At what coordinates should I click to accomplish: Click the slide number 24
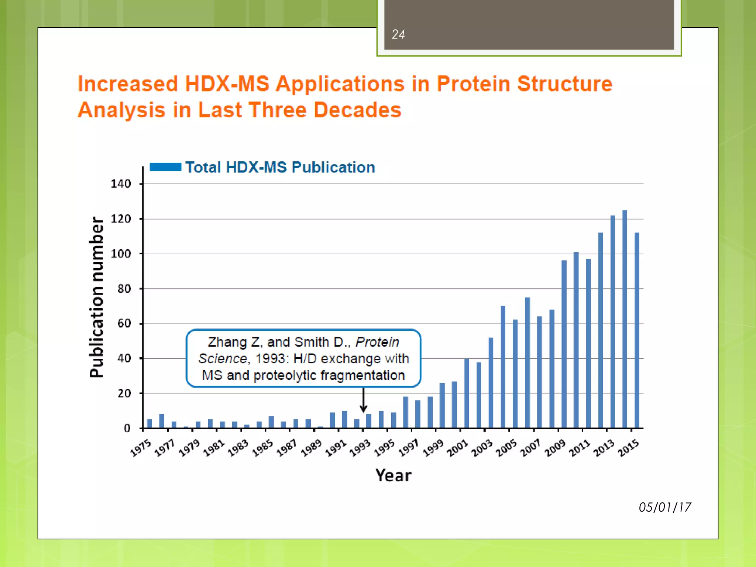pyautogui.click(x=398, y=34)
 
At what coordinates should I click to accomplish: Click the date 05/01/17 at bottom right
pyautogui.click(x=665, y=507)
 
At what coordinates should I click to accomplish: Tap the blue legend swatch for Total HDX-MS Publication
pyautogui.click(x=165, y=167)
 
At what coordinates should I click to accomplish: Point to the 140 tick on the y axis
pyautogui.click(x=121, y=183)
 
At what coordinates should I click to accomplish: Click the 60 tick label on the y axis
pyautogui.click(x=124, y=323)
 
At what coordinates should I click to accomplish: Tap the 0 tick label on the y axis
pyautogui.click(x=127, y=428)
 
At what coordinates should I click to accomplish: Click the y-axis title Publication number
pyautogui.click(x=97, y=297)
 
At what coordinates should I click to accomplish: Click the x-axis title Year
pyautogui.click(x=393, y=475)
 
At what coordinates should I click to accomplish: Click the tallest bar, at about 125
pyautogui.click(x=625, y=319)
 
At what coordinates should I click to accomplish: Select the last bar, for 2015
pyautogui.click(x=637, y=330)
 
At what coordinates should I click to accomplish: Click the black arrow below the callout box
pyautogui.click(x=363, y=400)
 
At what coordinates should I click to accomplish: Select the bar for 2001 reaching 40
pyautogui.click(x=467, y=393)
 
